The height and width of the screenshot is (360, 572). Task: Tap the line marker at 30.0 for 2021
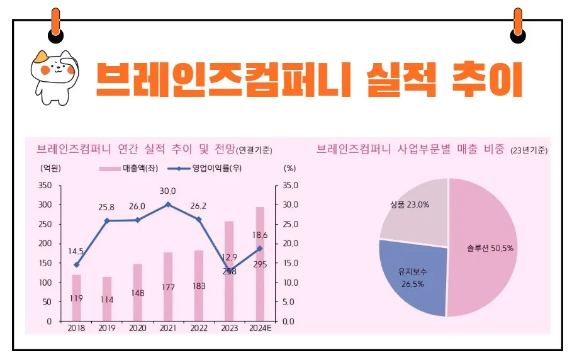pos(168,205)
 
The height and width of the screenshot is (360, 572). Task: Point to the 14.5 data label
pos(76,250)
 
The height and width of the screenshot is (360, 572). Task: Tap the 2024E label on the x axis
pos(260,329)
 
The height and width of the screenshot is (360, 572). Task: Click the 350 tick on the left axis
pos(45,186)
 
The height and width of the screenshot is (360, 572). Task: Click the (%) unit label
pos(289,168)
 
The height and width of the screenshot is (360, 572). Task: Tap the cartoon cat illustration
pos(53,76)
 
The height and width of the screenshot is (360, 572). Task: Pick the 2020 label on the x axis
pos(137,329)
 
